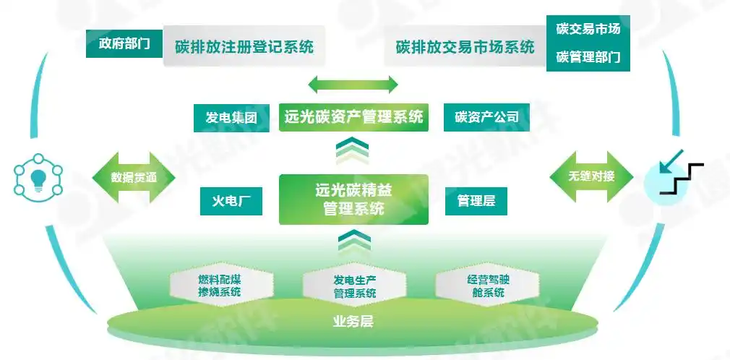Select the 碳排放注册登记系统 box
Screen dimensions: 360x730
tap(244, 47)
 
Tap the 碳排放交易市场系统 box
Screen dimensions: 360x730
tap(465, 47)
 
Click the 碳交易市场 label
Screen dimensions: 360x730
tap(588, 30)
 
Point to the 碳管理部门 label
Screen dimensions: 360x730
tap(588, 57)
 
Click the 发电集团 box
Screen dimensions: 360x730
tap(231, 118)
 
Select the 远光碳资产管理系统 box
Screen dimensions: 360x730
tap(353, 116)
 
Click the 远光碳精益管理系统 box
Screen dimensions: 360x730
tap(353, 200)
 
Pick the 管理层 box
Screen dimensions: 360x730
tap(476, 201)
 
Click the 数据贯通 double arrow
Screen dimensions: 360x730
tap(134, 177)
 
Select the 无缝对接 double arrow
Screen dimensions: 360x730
tap(591, 176)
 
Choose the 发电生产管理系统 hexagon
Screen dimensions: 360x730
tap(354, 286)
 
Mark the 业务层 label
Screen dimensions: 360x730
tap(353, 320)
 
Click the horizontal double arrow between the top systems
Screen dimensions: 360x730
tap(353, 85)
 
